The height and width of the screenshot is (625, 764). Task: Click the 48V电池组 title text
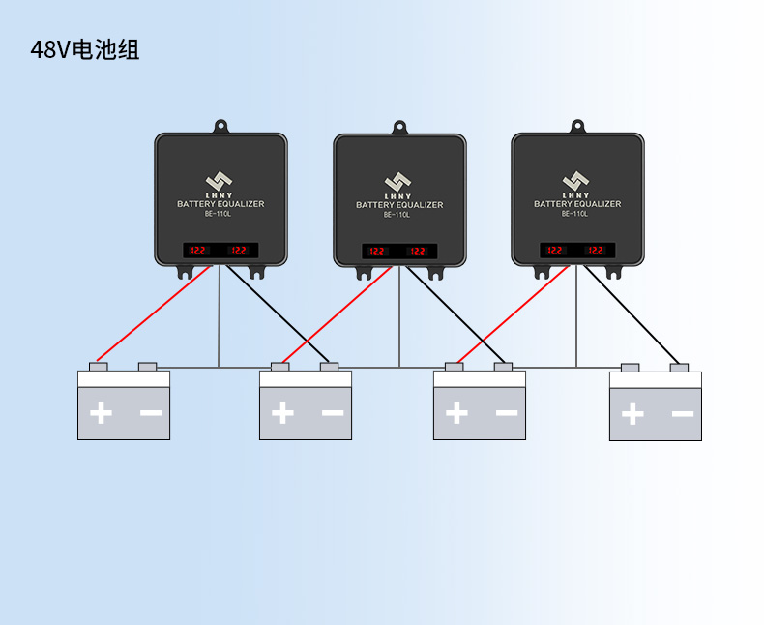click(x=85, y=50)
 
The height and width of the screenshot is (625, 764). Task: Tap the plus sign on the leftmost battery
click(x=101, y=414)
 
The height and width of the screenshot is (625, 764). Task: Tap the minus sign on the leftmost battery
click(x=150, y=413)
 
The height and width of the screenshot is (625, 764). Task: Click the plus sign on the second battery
click(x=282, y=414)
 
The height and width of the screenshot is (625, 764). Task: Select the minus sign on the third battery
click(x=506, y=414)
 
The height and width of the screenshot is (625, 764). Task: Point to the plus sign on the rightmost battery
click(x=632, y=415)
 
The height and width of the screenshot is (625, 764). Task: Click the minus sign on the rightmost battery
click(x=682, y=414)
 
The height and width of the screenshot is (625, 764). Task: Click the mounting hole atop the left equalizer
click(x=220, y=126)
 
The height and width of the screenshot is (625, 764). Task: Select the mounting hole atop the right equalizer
click(x=577, y=126)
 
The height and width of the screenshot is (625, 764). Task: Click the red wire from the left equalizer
click(x=155, y=315)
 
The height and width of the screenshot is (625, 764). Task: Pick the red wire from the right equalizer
click(x=513, y=315)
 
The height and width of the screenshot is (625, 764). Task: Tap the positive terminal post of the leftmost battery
click(x=98, y=367)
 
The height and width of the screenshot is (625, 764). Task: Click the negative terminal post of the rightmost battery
click(x=679, y=368)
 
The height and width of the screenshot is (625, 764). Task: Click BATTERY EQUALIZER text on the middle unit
click(x=398, y=205)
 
